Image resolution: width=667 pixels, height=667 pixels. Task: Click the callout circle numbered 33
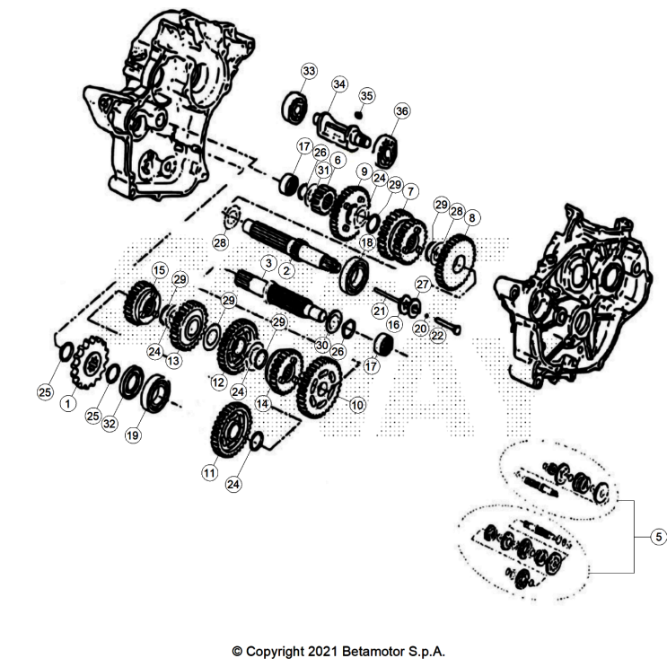[309, 71]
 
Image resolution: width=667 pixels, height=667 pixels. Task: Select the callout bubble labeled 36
[401, 110]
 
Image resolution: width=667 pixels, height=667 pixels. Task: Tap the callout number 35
[366, 95]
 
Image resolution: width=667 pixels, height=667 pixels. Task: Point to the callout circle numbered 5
[657, 537]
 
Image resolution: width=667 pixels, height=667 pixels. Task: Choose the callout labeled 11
[209, 471]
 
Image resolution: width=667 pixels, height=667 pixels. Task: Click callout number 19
[133, 435]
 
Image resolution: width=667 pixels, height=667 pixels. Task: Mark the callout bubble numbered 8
[472, 216]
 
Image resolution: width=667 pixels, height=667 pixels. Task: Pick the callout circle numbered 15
[159, 269]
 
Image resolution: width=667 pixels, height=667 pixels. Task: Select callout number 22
[437, 336]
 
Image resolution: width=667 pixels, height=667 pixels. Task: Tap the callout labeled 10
[356, 405]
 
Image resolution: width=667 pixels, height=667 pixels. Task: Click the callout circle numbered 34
[338, 83]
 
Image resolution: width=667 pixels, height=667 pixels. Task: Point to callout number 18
[366, 243]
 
